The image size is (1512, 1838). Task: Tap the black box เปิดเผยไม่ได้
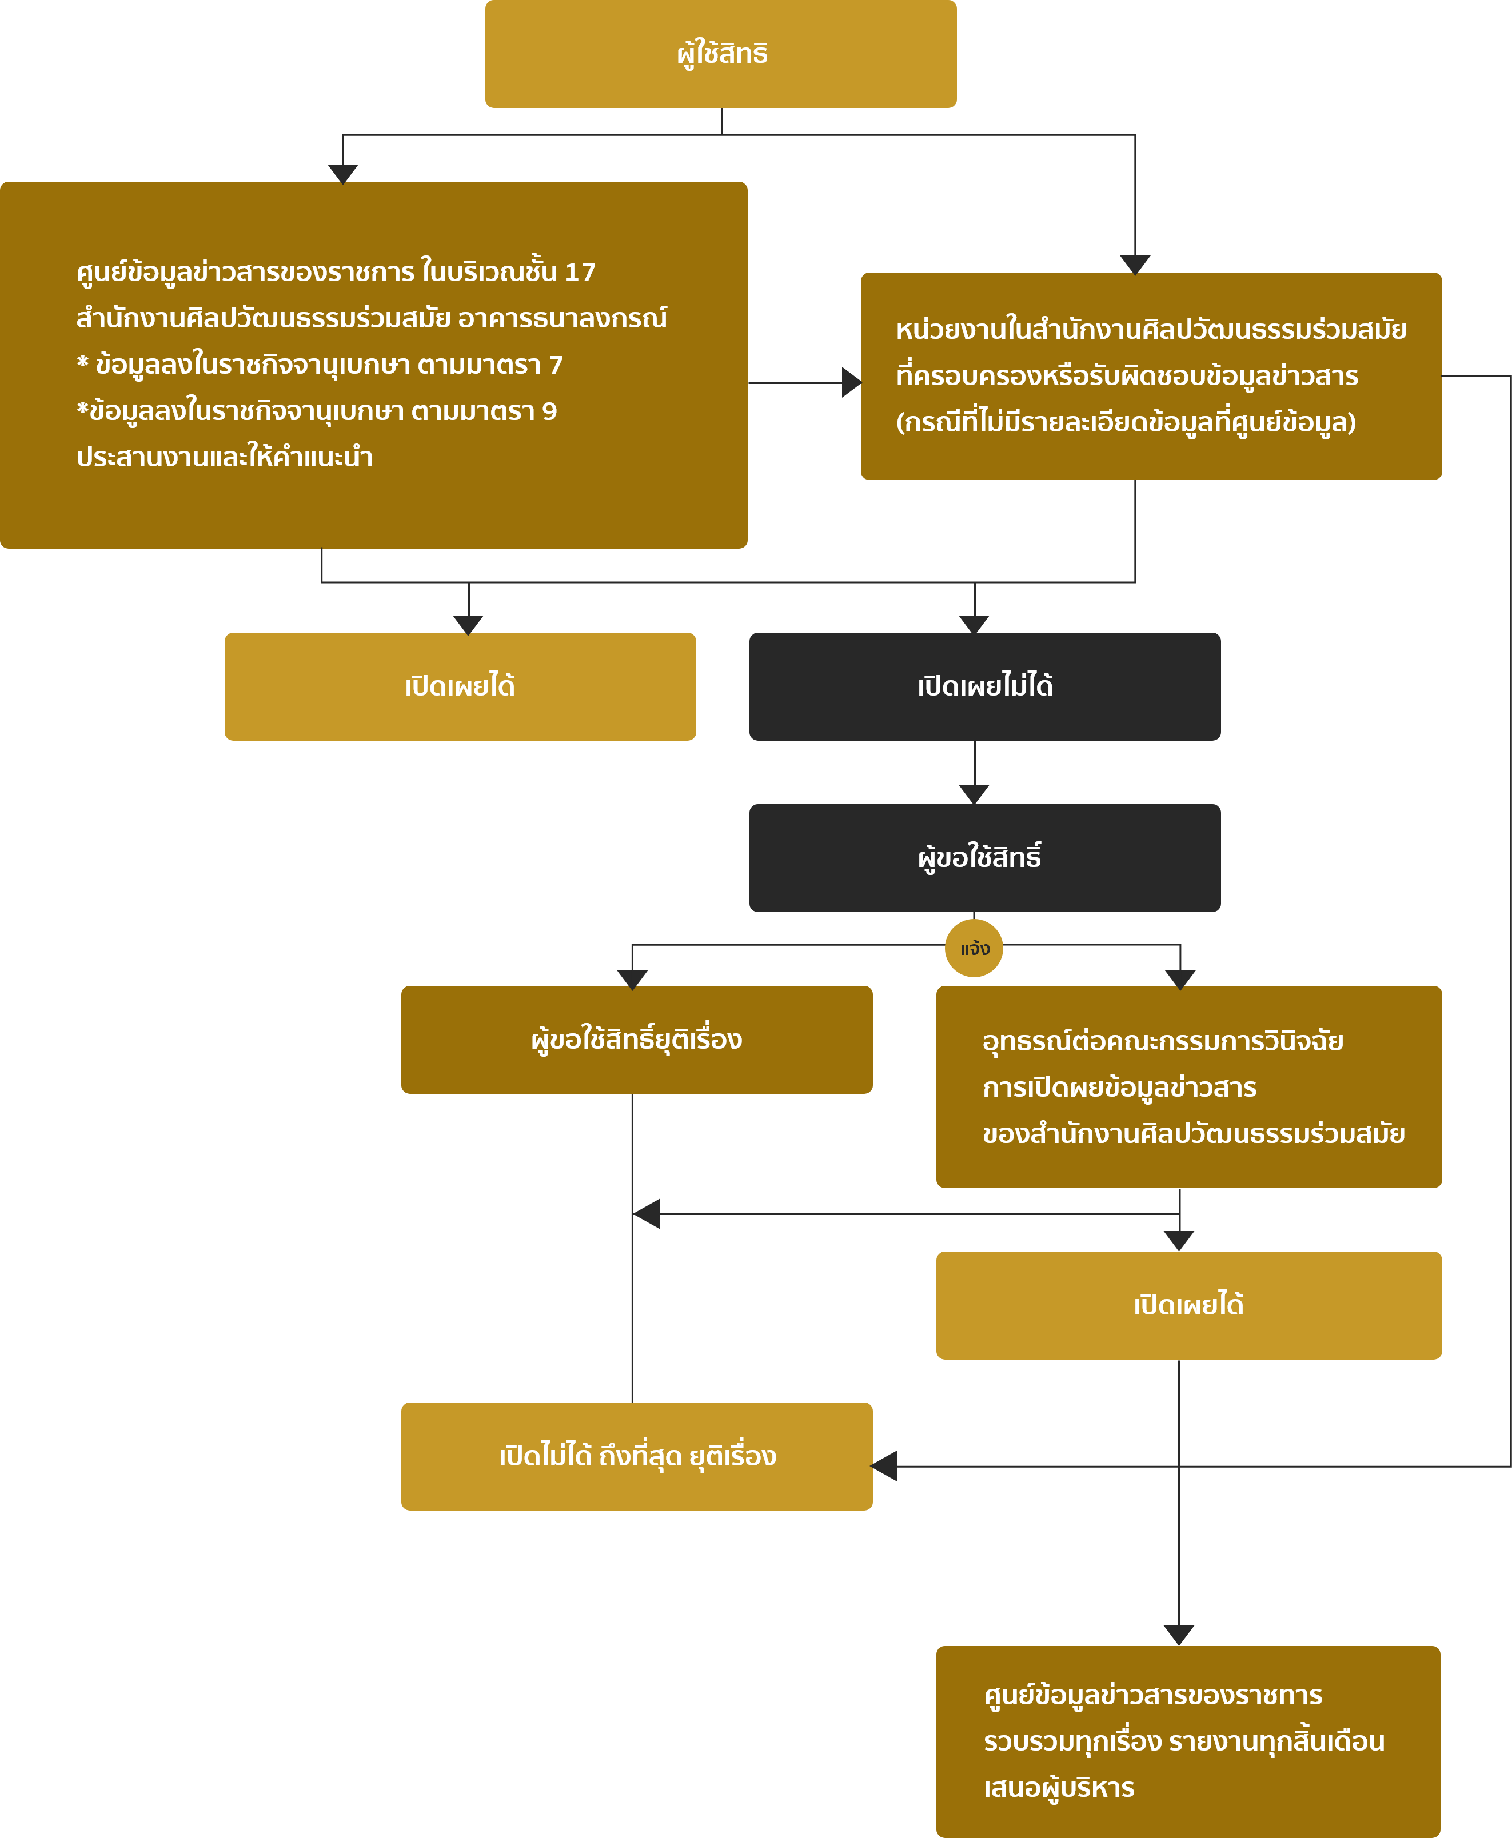click(x=984, y=686)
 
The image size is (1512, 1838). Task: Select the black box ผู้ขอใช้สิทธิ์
click(x=984, y=858)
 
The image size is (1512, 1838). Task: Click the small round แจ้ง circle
click(x=974, y=948)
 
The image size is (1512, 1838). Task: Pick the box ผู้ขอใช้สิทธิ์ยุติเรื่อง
click(x=637, y=1040)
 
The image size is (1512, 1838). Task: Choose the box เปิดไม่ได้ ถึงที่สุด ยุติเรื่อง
click(x=637, y=1456)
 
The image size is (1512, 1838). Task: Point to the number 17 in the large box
click(x=580, y=273)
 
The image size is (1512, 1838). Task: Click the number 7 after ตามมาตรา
click(x=556, y=365)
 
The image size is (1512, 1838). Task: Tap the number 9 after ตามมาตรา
click(x=549, y=411)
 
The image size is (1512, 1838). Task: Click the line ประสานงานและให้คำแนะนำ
click(x=225, y=457)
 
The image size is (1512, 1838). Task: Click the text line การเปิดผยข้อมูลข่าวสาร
click(x=1119, y=1088)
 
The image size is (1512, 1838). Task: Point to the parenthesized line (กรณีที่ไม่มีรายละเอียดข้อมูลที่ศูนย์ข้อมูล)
click(x=1126, y=422)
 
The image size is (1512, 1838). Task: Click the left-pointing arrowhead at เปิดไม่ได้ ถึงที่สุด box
click(x=884, y=1466)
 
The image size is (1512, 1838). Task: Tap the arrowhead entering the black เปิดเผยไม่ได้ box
click(x=974, y=624)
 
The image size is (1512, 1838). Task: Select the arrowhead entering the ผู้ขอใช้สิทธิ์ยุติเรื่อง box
click(x=632, y=980)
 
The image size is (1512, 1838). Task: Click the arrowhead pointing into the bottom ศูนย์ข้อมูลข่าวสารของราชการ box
click(x=1178, y=1635)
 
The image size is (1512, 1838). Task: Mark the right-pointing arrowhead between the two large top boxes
click(x=852, y=382)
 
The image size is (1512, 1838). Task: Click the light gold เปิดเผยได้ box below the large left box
click(x=460, y=686)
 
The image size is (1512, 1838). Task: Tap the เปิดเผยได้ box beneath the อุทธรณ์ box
click(x=1189, y=1305)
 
